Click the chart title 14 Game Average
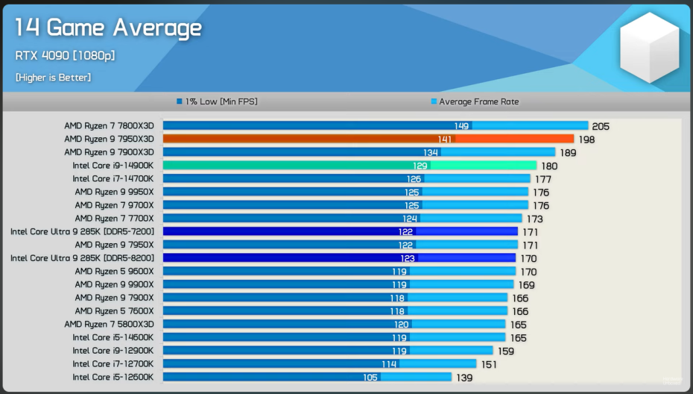(x=109, y=28)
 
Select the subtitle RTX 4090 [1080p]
(x=66, y=55)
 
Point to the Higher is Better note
(x=53, y=77)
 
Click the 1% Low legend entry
(x=217, y=101)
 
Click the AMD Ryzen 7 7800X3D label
(x=109, y=126)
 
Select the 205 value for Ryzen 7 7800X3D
(x=601, y=127)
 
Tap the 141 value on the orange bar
(x=445, y=140)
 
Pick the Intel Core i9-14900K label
(x=113, y=166)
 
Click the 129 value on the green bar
(x=420, y=166)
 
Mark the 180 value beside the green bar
(x=549, y=166)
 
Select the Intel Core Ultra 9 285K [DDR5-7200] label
(x=82, y=231)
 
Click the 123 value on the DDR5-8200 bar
(x=408, y=258)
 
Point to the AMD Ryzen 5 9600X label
(x=114, y=271)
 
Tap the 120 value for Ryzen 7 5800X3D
(x=402, y=325)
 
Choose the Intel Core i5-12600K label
(x=113, y=377)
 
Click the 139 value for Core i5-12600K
(x=463, y=378)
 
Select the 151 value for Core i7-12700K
(x=489, y=364)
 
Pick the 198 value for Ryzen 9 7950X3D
(x=586, y=140)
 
